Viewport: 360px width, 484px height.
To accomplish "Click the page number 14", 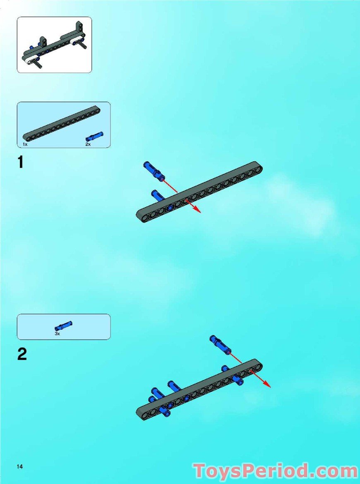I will [x=19, y=467].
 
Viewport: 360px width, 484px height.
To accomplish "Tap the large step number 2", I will [x=22, y=354].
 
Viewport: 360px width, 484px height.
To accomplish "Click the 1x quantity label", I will [x=25, y=144].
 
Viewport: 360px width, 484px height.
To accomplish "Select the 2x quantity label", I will [x=88, y=144].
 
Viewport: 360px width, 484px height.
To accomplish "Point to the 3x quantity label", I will [x=58, y=333].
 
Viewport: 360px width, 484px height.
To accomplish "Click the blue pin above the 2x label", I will [x=95, y=137].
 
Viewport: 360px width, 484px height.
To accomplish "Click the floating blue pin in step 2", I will [x=219, y=344].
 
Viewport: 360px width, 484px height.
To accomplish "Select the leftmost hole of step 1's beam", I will [x=143, y=215].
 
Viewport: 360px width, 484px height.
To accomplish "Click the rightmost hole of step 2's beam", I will [x=256, y=365].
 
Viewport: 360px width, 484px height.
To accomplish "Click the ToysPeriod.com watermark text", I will [x=276, y=471].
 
